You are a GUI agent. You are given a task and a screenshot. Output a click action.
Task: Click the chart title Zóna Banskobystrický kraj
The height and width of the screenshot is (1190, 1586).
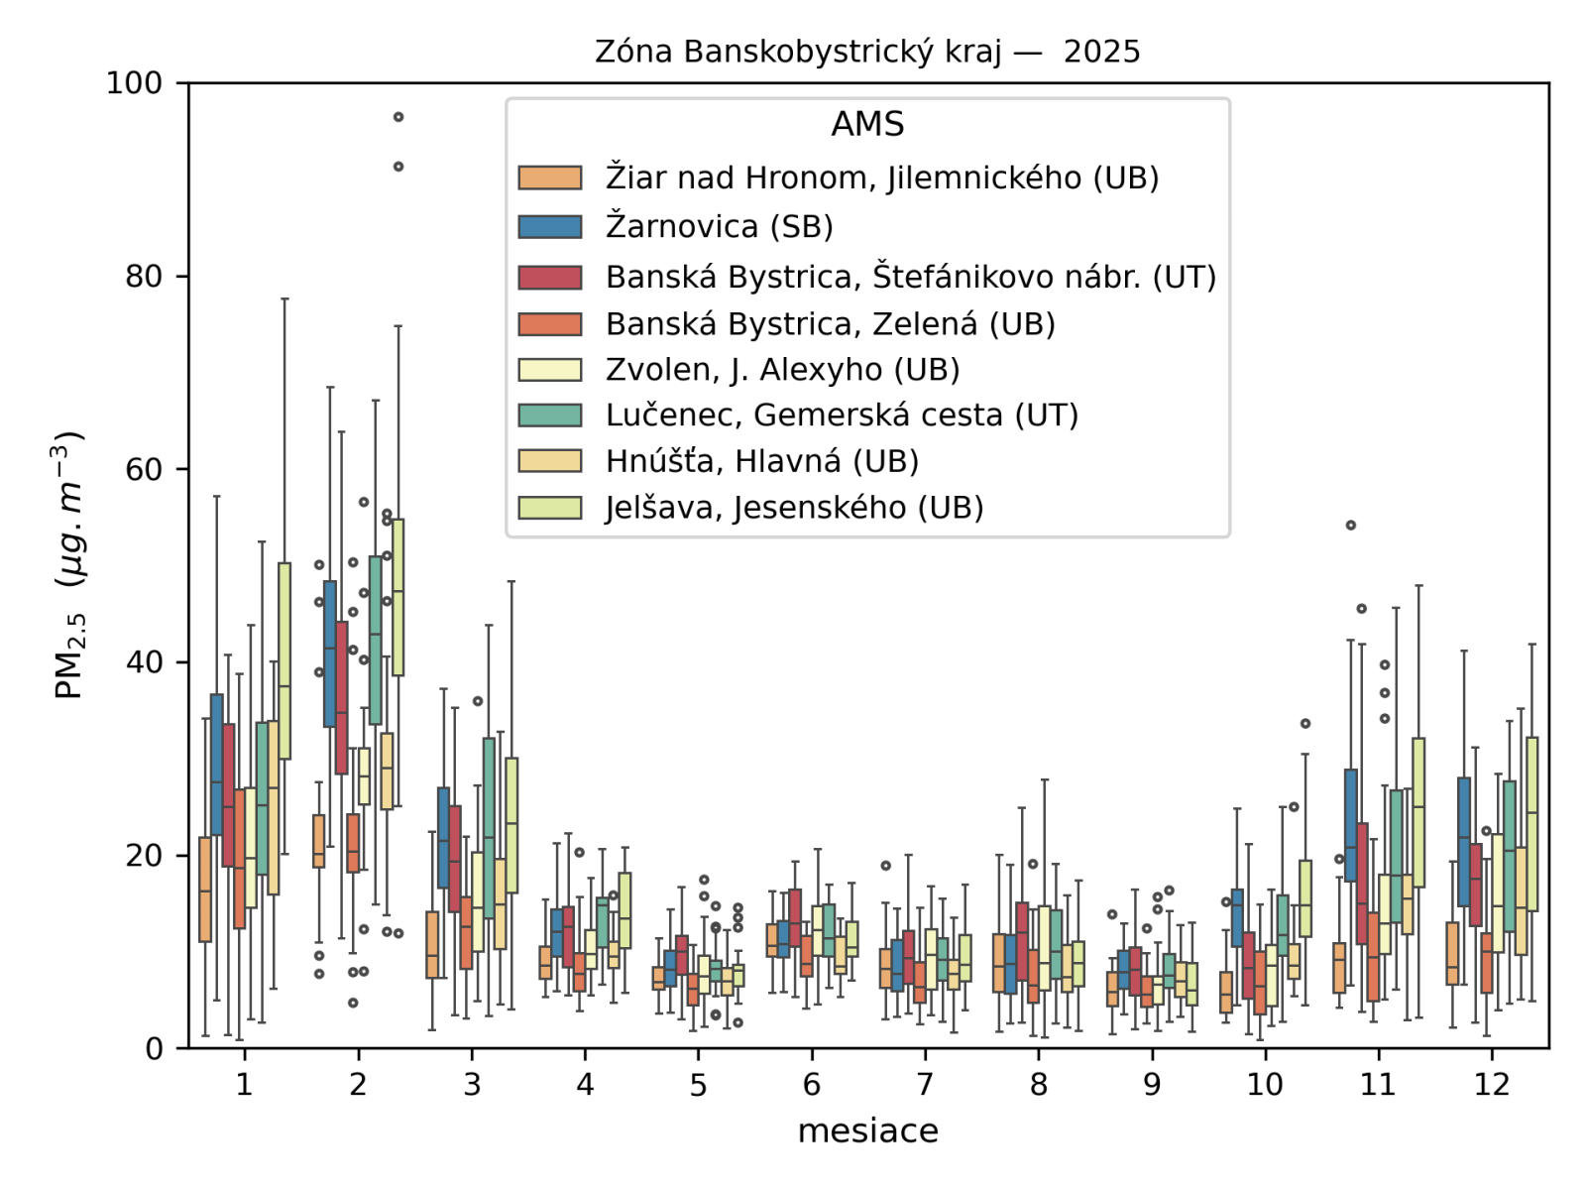click(867, 52)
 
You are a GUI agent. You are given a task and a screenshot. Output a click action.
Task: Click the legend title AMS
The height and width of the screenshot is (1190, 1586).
click(867, 124)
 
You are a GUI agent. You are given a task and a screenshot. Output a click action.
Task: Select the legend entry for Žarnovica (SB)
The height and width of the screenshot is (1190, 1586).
click(719, 226)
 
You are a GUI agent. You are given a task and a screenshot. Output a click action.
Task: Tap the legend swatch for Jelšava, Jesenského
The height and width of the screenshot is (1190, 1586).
click(549, 507)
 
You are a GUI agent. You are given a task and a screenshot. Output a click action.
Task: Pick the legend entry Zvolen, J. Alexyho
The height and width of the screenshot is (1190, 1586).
click(782, 369)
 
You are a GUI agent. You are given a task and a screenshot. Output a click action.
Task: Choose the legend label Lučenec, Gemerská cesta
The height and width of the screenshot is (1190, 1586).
click(842, 415)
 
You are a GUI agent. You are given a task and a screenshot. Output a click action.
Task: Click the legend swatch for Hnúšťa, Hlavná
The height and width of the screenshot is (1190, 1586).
click(549, 461)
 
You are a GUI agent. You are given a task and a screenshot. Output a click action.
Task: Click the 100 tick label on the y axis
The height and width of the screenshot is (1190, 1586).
click(135, 82)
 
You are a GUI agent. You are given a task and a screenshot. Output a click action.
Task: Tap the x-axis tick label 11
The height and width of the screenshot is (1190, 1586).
click(1378, 1084)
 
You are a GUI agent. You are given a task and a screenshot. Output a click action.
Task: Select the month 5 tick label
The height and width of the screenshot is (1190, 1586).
click(698, 1084)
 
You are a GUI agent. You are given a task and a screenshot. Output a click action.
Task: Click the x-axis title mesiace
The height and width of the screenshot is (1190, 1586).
click(867, 1130)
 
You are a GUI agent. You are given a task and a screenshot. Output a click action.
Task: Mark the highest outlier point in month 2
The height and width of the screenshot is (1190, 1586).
click(398, 117)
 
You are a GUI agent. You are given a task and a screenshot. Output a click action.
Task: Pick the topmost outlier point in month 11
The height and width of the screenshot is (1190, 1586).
click(1350, 526)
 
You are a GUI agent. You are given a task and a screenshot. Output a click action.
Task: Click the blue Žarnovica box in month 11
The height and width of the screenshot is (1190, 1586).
click(1350, 825)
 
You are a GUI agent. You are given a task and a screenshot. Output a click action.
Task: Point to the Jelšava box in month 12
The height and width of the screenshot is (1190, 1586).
click(1531, 823)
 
